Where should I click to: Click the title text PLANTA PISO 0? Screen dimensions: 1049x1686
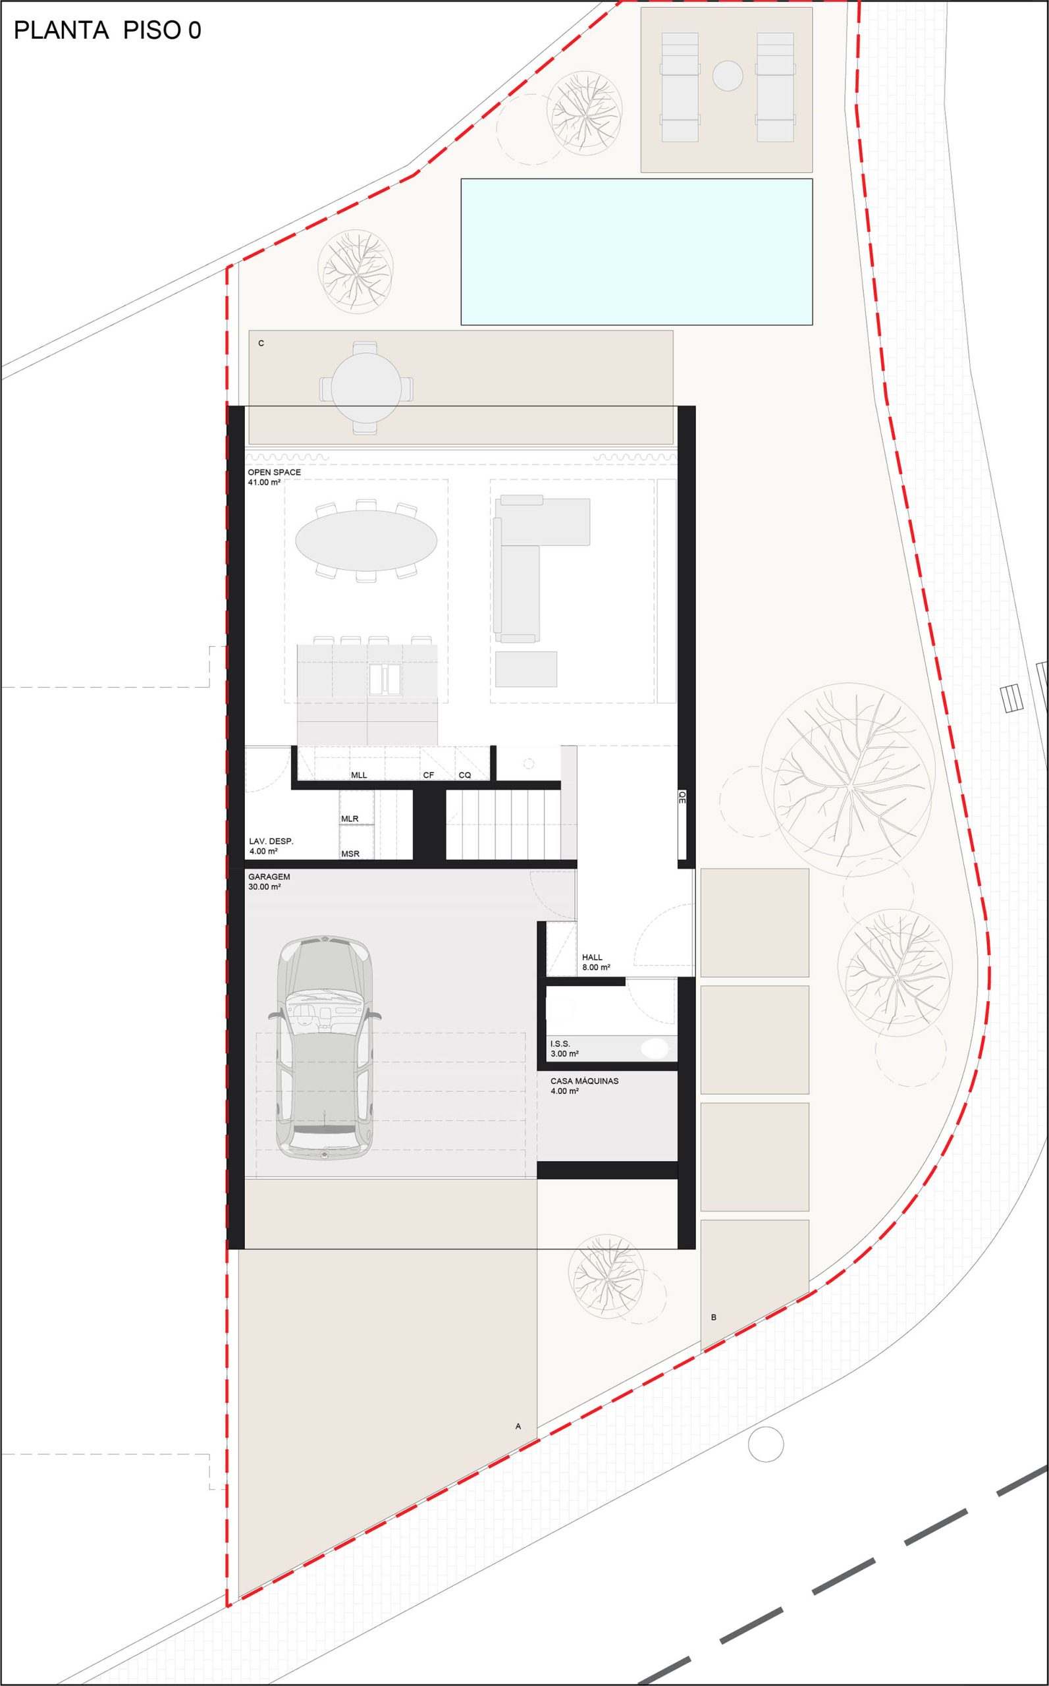pos(107,30)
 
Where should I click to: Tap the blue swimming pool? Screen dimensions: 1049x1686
pos(636,252)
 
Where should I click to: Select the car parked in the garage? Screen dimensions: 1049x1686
pos(325,1048)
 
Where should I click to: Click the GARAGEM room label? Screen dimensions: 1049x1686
pos(269,877)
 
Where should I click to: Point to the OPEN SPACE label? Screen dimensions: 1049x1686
pos(275,472)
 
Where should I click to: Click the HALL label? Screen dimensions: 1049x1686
pos(593,958)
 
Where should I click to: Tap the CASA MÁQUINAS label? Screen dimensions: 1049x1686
pos(584,1081)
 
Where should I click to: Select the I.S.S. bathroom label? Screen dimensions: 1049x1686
pos(560,1043)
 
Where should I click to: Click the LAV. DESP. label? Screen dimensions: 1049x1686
pos(271,841)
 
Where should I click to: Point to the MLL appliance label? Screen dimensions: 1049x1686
pos(359,775)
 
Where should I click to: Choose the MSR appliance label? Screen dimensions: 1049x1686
pos(350,854)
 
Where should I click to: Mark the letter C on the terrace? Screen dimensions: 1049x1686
pos(261,343)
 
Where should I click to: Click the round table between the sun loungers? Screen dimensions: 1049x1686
pos(728,75)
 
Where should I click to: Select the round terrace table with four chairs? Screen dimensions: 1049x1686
pos(366,388)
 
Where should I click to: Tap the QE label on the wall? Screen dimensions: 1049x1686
pos(682,796)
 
